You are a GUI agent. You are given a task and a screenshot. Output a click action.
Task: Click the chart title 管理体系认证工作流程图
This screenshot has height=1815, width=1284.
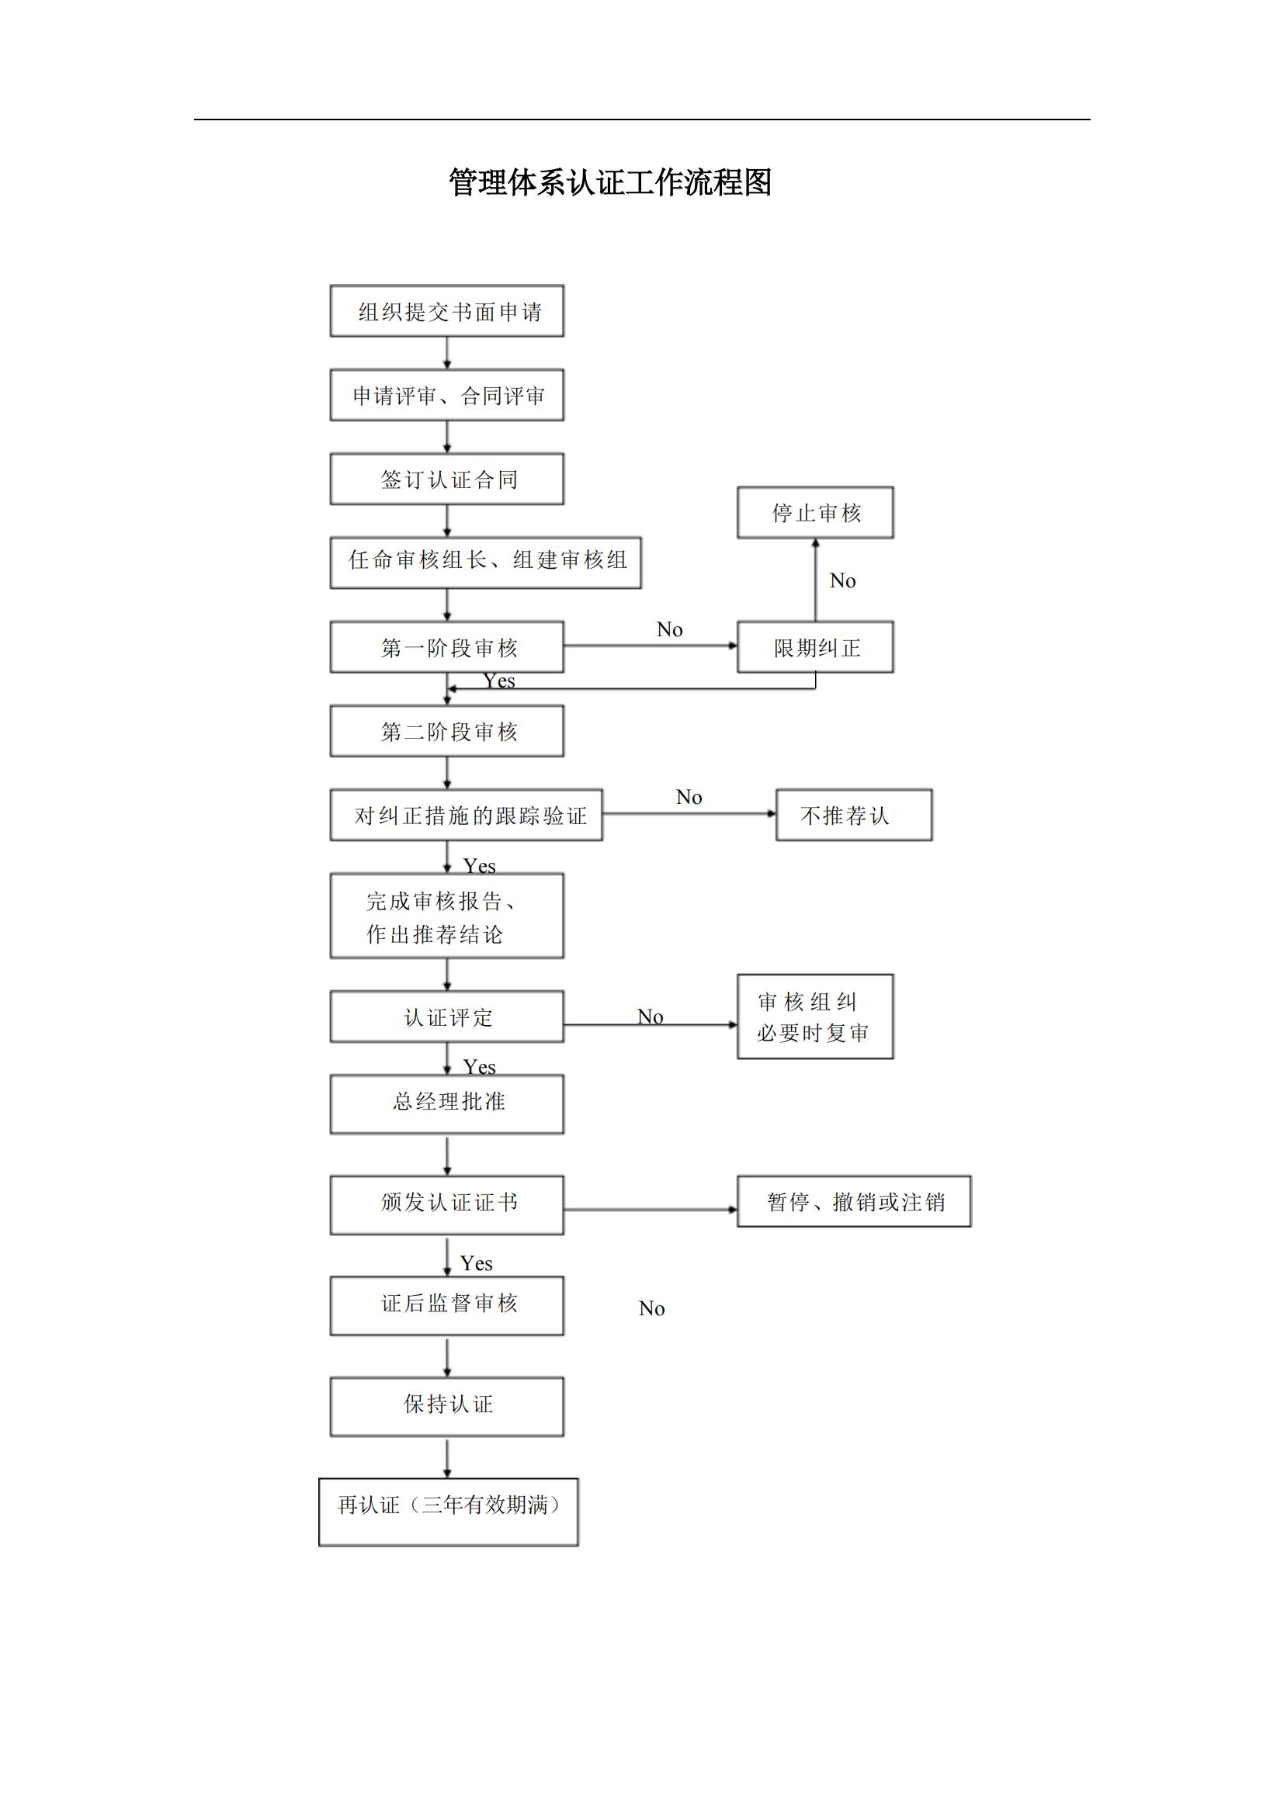pos(609,182)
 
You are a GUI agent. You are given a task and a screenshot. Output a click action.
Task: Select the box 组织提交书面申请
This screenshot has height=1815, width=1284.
pos(446,311)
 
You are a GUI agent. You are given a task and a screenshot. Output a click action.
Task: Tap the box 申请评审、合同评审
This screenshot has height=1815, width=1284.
pos(446,395)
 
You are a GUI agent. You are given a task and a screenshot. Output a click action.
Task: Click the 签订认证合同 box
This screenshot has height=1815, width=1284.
pos(446,479)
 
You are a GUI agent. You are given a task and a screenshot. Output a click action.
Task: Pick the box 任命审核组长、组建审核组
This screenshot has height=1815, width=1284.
pos(485,563)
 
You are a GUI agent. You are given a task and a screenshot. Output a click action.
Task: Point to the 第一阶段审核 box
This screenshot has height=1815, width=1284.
pos(446,647)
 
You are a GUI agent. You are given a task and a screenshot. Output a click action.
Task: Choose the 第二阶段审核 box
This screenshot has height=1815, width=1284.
pos(446,731)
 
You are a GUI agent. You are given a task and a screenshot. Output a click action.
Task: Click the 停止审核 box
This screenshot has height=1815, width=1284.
pos(815,513)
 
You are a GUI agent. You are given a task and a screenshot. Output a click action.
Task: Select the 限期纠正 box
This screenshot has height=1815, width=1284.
pos(815,647)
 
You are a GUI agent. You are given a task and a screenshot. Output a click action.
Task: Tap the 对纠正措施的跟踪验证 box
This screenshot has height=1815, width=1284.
pos(467,815)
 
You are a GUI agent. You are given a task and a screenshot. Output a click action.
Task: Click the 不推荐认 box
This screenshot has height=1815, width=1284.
pos(854,815)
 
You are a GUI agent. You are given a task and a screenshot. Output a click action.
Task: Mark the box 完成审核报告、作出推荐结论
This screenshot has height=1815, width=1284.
pos(446,916)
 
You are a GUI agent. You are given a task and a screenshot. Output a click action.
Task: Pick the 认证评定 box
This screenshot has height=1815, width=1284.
pos(446,1017)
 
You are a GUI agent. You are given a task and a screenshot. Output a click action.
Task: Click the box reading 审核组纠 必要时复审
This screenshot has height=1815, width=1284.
pos(815,1017)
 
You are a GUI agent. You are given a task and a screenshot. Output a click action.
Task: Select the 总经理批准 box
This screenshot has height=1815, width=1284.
pos(446,1103)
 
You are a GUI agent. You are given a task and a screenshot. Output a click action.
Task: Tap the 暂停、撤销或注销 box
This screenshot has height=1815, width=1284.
pos(854,1201)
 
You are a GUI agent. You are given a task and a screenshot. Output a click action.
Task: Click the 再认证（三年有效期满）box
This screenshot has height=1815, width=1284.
pos(448,1512)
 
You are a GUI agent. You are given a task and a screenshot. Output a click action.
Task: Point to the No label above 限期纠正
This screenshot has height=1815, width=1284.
pos(843,581)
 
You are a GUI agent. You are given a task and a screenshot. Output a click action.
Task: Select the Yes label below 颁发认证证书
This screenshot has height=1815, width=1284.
pos(477,1263)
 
